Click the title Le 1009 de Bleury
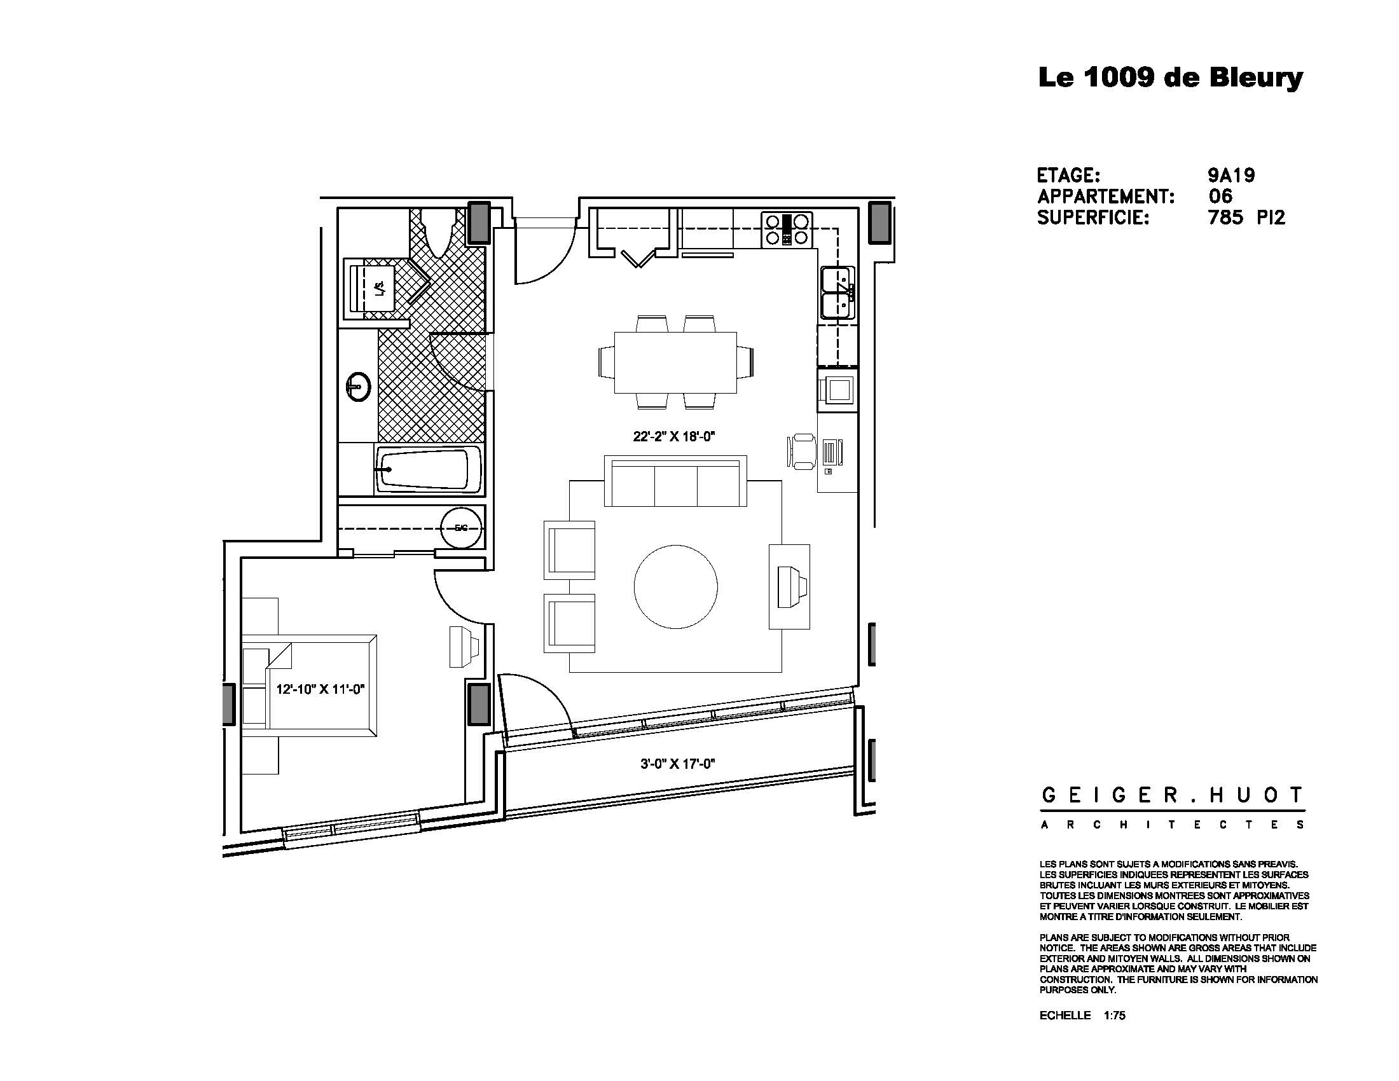(x=1169, y=78)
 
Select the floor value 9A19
(x=1230, y=176)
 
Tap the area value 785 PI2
(x=1246, y=217)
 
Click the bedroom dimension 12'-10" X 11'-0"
(x=320, y=690)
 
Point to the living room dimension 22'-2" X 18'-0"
(x=673, y=437)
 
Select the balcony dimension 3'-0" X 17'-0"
(x=677, y=763)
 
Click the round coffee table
(x=675, y=586)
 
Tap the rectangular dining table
(x=675, y=362)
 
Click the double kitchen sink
(x=838, y=293)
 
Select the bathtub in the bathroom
(x=428, y=470)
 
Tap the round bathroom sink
(x=358, y=387)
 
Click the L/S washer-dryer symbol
(x=379, y=289)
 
